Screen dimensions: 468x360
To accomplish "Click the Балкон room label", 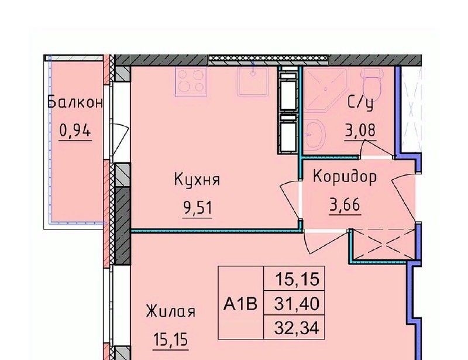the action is [75, 102].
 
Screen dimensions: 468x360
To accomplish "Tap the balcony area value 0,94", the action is [75, 131].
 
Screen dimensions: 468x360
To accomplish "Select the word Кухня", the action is [197, 180].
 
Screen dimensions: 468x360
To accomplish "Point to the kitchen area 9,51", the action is [198, 208].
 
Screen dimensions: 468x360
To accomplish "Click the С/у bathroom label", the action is [360, 104].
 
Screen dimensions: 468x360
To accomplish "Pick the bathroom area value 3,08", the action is [360, 131].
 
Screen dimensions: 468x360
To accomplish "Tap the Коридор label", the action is [345, 177].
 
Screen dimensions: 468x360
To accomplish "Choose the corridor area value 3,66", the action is [345, 205].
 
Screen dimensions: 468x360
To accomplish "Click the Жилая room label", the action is [171, 311].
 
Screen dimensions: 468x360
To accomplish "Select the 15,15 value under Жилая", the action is [171, 340].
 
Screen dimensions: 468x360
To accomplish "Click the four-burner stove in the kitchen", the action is [191, 81].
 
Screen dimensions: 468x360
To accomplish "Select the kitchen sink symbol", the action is [253, 81].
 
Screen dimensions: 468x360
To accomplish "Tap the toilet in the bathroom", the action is [371, 84].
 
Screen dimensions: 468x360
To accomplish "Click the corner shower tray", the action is [326, 90].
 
